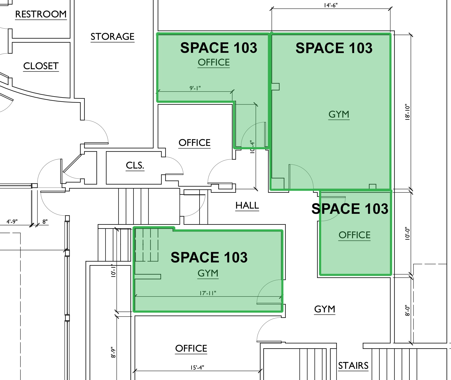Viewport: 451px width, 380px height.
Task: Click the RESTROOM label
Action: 41,14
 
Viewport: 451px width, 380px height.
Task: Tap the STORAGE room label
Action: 112,36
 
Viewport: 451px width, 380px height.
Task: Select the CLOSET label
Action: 41,66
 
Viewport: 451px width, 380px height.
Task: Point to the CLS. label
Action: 135,165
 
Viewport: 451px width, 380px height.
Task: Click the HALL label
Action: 247,205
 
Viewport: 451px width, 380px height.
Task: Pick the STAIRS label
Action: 353,365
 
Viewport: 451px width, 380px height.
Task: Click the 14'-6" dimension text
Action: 331,5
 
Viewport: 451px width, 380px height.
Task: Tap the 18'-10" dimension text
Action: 407,112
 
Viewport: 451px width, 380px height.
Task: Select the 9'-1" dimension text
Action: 195,88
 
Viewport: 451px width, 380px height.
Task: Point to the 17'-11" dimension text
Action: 208,293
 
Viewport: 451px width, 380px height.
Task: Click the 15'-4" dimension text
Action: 197,368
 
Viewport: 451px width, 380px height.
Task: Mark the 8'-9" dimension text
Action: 113,352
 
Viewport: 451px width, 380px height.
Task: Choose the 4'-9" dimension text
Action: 12,221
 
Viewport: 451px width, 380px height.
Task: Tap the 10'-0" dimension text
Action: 407,233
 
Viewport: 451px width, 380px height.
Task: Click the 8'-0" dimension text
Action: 407,311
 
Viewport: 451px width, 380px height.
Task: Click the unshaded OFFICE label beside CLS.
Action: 194,143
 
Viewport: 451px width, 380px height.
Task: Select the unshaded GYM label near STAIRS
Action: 324,309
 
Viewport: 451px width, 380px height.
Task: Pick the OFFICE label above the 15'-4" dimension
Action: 191,348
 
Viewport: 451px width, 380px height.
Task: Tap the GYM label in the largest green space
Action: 339,114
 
